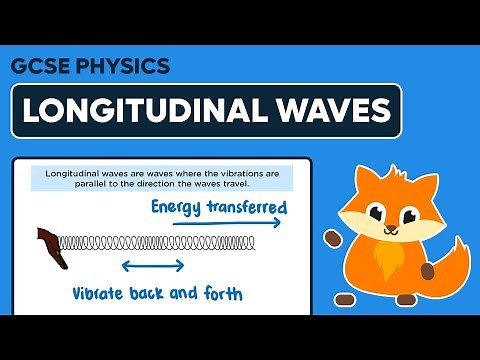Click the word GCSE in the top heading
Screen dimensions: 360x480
pos(40,67)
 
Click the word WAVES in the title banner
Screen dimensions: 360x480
pos(324,112)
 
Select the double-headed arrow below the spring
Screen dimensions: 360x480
pos(152,266)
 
